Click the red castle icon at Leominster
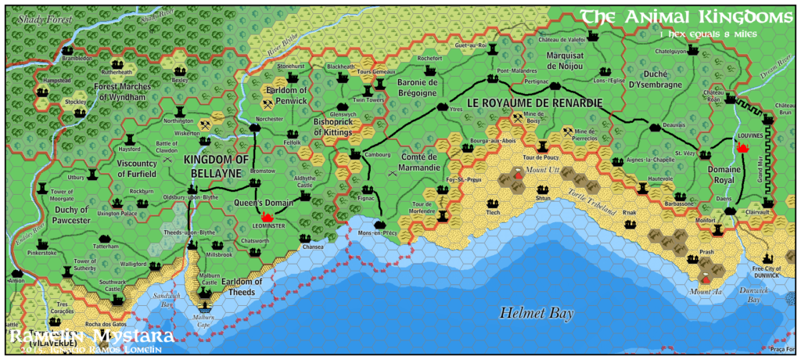tap(267, 216)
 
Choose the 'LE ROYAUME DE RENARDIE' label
tap(534, 103)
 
